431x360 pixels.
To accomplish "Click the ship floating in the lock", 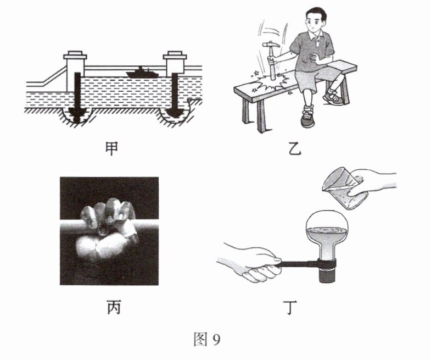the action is click(142, 73).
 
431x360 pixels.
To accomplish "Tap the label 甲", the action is click(112, 148).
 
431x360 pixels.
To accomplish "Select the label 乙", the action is click(295, 148).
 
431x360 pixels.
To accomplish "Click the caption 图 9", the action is click(207, 339).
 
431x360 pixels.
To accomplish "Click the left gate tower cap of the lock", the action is click(75, 56).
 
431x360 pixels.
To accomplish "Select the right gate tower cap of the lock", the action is click(175, 56).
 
